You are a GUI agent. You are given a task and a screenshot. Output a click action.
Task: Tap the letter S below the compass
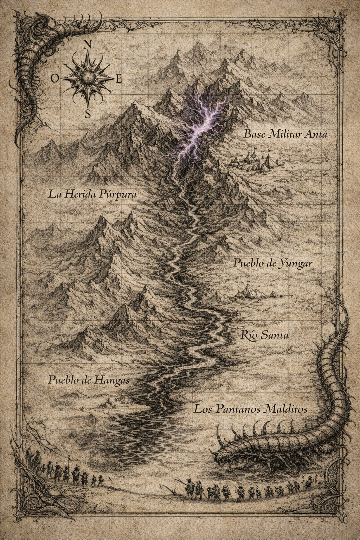(88, 113)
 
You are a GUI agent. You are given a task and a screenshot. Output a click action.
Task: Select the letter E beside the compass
(118, 79)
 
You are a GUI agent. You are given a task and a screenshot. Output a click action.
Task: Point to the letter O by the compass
(54, 79)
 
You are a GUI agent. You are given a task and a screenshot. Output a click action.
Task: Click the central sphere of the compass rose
(86, 76)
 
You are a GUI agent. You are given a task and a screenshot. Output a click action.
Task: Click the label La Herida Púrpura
(92, 194)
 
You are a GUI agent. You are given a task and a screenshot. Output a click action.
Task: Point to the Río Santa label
(265, 335)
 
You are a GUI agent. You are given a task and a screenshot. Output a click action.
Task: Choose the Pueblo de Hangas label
(89, 380)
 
